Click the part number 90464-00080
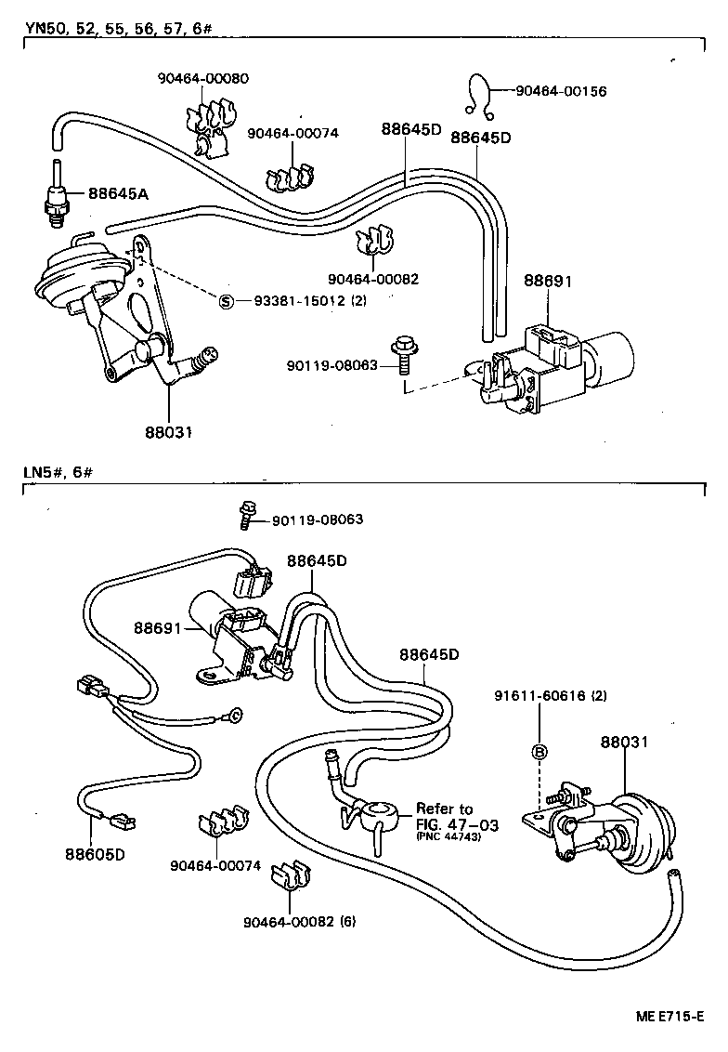(202, 79)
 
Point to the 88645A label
(119, 193)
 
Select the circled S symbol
(225, 301)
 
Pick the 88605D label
(95, 853)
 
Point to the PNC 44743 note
(448, 837)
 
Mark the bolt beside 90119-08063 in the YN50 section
(404, 355)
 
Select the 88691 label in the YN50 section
(547, 280)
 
